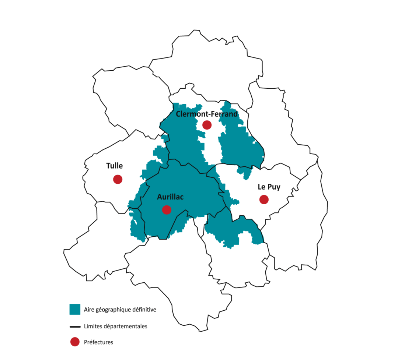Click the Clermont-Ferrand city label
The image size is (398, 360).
[207, 114]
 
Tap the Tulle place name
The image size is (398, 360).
[115, 166]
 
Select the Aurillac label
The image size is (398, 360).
[170, 197]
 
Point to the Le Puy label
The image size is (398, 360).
[269, 187]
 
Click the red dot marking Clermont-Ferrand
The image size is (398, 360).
[207, 125]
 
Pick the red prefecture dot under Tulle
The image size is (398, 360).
[118, 179]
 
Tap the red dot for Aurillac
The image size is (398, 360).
[167, 209]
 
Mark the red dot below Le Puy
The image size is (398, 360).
[264, 200]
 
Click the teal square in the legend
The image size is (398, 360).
[75, 309]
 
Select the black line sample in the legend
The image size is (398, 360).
[75, 326]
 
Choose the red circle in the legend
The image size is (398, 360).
[75, 342]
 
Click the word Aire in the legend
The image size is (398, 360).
[89, 310]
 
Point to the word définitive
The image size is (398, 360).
[144, 310]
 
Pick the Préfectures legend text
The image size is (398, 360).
[98, 342]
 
